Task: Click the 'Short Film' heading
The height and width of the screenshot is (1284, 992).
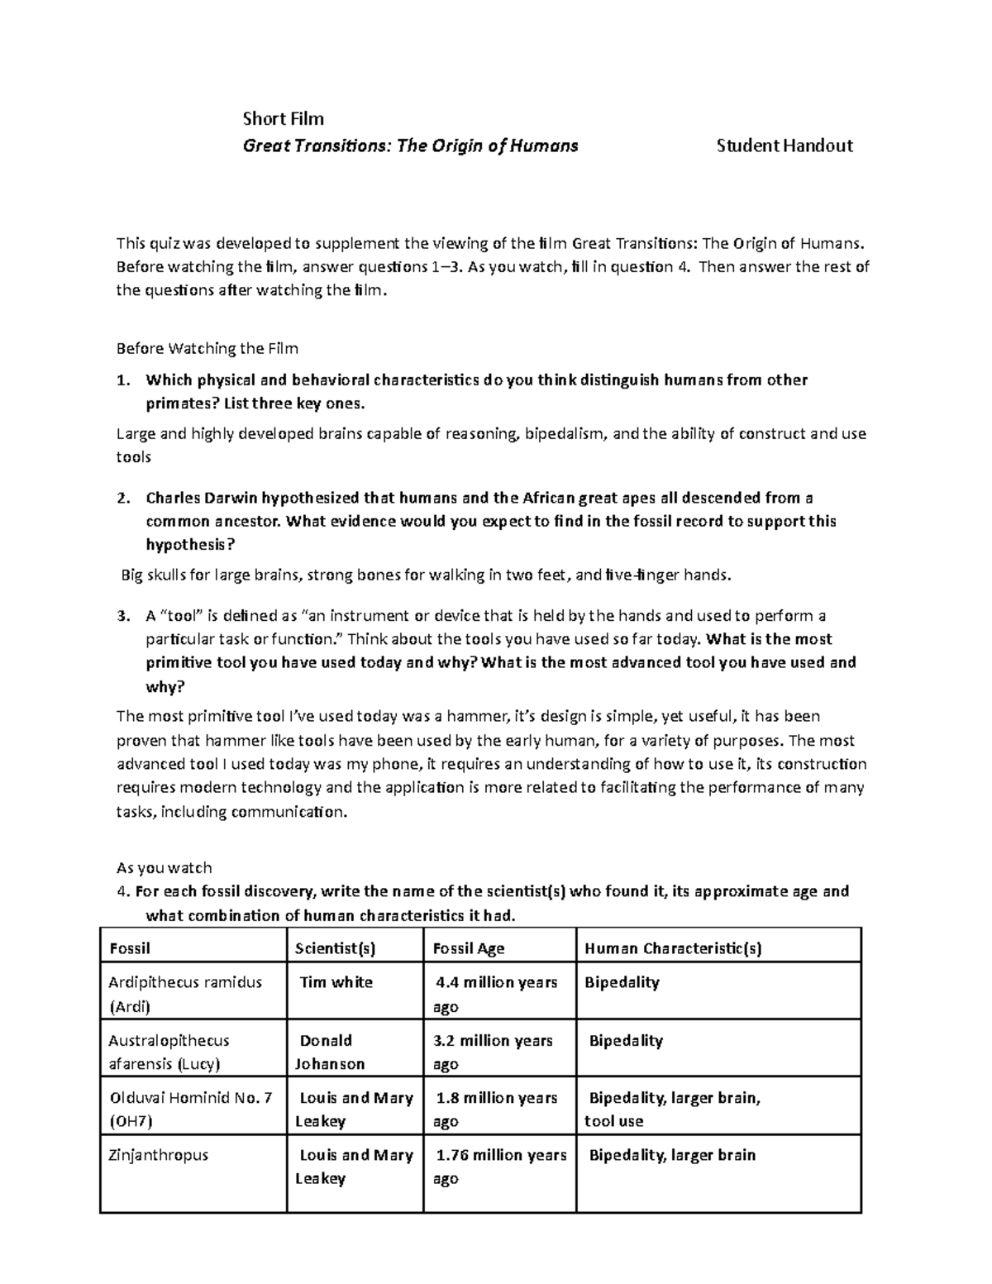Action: click(283, 119)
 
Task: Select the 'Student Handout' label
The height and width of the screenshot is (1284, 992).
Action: click(785, 146)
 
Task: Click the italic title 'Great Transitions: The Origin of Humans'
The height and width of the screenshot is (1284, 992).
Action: click(410, 146)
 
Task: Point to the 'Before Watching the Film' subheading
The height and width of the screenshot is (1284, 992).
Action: click(207, 348)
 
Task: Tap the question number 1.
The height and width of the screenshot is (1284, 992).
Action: click(122, 380)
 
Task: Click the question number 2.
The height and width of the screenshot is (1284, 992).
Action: click(122, 498)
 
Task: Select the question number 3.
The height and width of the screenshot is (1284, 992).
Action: click(122, 616)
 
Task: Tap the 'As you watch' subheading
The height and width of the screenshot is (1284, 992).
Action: click(165, 868)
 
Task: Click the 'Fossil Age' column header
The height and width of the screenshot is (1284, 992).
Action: click(469, 949)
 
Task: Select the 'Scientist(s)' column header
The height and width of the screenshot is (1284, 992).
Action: click(335, 949)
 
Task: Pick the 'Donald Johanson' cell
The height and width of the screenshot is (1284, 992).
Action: click(331, 1052)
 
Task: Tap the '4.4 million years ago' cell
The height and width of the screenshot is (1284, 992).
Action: click(496, 995)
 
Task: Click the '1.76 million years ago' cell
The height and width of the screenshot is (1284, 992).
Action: click(500, 1167)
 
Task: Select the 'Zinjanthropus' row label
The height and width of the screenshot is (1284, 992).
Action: click(159, 1155)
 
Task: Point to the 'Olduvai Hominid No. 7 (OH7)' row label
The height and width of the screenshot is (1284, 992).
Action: click(190, 1110)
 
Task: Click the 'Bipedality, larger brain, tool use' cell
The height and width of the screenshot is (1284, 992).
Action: click(671, 1110)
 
